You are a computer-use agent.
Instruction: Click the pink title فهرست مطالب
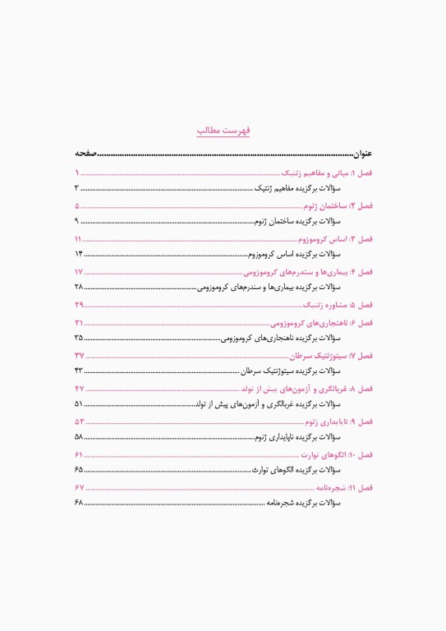[223, 131]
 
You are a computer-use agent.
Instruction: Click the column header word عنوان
[362, 154]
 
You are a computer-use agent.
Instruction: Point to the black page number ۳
[77, 189]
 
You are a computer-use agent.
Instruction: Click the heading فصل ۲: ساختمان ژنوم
[338, 206]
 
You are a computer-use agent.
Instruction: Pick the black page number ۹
[77, 222]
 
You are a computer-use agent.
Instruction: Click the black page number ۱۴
[79, 254]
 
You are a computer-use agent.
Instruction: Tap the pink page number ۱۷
[79, 272]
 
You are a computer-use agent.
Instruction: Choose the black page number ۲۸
[79, 287]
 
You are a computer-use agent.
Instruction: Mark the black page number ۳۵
[79, 338]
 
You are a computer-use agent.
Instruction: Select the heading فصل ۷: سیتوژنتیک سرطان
[332, 356]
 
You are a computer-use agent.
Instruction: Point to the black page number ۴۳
[79, 371]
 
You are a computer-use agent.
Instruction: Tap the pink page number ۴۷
[80, 388]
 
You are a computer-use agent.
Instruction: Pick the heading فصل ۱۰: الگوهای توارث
[337, 454]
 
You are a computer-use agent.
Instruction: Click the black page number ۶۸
[79, 503]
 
